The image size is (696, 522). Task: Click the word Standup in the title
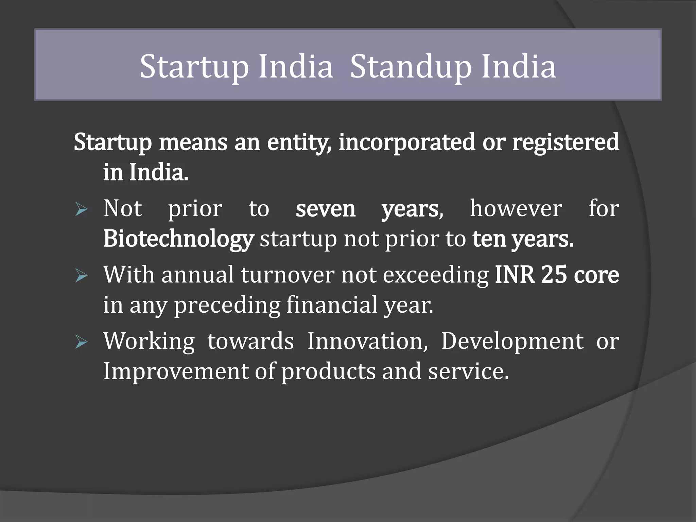click(x=411, y=67)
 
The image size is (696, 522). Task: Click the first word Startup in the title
click(x=194, y=67)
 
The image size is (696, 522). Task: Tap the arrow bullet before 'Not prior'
click(x=82, y=209)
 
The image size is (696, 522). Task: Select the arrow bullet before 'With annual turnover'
click(x=82, y=275)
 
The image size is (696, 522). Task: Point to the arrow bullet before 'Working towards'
click(x=82, y=342)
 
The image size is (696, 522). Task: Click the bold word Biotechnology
click(x=178, y=239)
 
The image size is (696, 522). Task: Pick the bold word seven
click(x=325, y=209)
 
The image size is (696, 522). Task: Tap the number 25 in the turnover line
click(x=554, y=275)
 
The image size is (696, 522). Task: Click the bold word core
click(x=596, y=275)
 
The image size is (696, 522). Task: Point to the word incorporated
click(x=407, y=142)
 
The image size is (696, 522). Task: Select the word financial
click(x=332, y=304)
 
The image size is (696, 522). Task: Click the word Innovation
click(x=367, y=341)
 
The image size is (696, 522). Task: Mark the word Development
click(x=512, y=342)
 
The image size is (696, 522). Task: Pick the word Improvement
click(x=176, y=371)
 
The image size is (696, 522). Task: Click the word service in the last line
click(x=468, y=371)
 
